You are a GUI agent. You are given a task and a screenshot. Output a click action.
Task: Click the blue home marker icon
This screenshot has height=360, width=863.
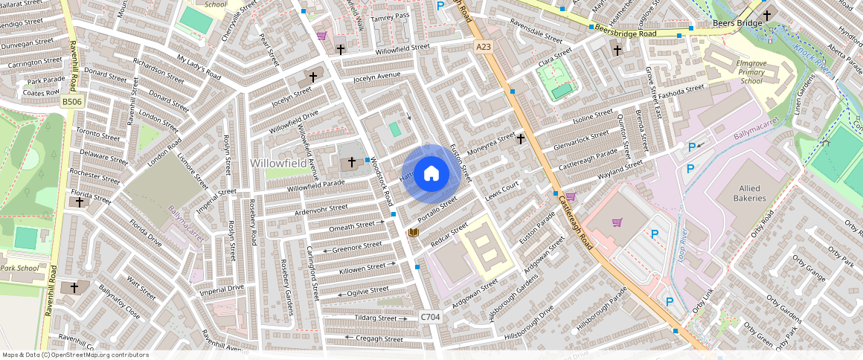click(431, 174)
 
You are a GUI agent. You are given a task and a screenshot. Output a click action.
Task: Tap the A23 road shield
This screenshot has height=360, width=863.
click(484, 47)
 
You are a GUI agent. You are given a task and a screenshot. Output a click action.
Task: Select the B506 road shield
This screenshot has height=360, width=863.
click(71, 101)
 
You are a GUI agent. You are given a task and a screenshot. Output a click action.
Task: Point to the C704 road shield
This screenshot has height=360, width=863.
click(430, 317)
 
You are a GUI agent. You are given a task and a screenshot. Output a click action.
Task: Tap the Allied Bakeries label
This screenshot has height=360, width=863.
click(748, 193)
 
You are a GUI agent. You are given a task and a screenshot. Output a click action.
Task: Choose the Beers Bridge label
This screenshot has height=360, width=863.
click(737, 24)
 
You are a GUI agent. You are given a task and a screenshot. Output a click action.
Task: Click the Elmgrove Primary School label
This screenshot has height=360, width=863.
click(751, 72)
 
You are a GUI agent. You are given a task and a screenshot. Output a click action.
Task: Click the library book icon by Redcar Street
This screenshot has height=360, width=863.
click(414, 234)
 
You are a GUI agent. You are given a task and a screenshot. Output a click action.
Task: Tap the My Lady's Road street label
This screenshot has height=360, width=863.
click(199, 67)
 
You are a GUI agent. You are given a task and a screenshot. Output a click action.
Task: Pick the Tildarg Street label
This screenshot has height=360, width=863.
click(376, 318)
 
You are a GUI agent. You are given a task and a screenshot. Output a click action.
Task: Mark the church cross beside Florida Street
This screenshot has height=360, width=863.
click(80, 202)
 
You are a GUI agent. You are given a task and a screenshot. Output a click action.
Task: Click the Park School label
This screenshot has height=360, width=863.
click(19, 268)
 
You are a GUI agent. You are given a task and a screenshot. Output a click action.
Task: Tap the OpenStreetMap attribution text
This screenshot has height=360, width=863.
click(76, 355)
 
